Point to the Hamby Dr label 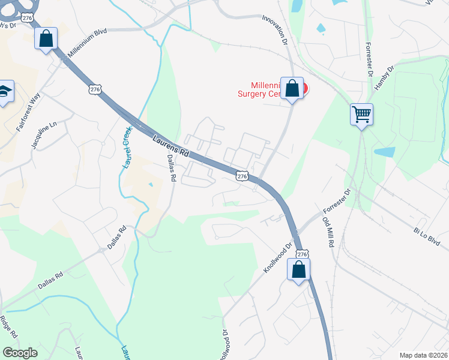383,77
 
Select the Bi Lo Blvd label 426,235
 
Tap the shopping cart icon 362,114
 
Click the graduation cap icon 5,92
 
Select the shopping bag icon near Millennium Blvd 46,39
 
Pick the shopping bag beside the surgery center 292,89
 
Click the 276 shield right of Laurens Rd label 241,175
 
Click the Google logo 20,353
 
